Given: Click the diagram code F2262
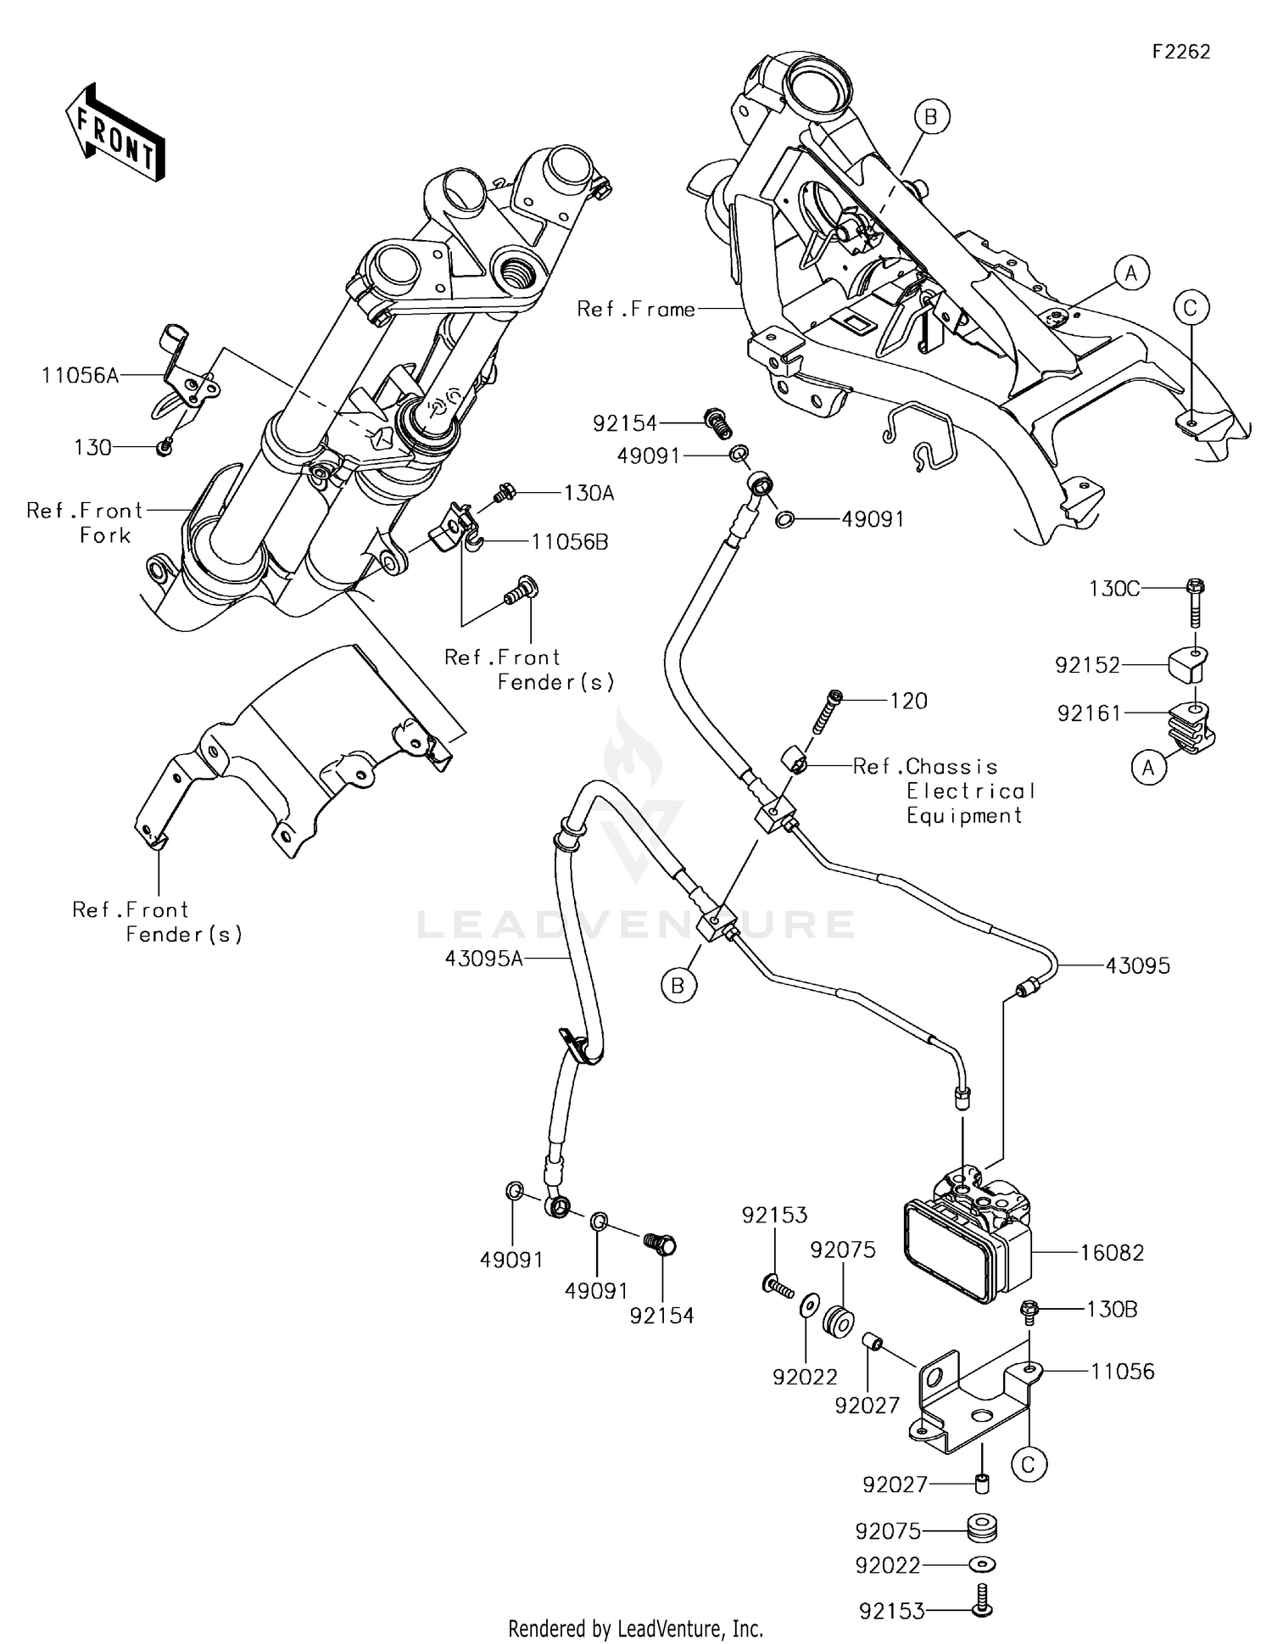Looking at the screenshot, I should (x=1180, y=52).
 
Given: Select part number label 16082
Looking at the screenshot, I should (x=1112, y=1252).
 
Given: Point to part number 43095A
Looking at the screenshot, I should (x=483, y=959).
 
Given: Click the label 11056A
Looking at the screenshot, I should (x=80, y=375).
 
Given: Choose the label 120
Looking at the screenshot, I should (x=908, y=701).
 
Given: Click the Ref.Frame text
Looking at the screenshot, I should (x=635, y=310).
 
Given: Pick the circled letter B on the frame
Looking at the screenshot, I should (x=930, y=117).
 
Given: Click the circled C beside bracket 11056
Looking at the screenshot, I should (x=1028, y=1464).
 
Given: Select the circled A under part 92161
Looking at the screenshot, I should (x=1148, y=768).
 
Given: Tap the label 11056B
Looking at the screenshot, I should (x=569, y=542).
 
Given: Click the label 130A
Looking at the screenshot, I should (x=589, y=494).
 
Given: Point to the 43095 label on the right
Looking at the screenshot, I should (x=1137, y=965).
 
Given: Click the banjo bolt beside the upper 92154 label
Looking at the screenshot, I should (x=717, y=422).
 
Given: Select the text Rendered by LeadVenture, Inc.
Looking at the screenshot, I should (x=635, y=1628).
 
